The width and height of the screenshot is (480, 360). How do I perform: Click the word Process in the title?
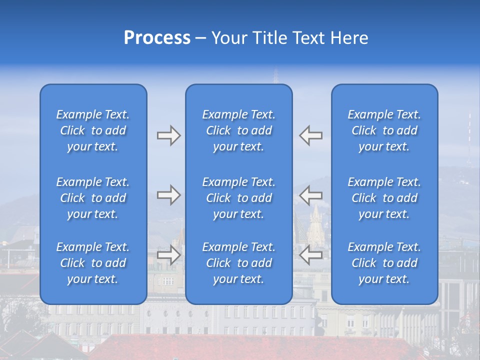[157, 38]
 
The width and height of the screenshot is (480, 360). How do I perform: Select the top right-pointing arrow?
[168, 135]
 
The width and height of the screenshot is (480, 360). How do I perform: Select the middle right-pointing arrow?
[168, 195]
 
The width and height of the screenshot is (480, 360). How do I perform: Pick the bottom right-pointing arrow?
[168, 255]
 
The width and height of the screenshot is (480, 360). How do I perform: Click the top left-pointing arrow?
[310, 135]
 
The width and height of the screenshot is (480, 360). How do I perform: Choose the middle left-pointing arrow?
[310, 195]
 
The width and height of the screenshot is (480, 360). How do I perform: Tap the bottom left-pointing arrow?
[310, 255]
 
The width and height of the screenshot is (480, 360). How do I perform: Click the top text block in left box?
[93, 130]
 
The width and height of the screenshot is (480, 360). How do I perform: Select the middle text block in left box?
[93, 198]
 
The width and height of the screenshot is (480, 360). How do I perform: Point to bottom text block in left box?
[93, 263]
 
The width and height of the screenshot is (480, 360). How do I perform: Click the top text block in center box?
[238, 130]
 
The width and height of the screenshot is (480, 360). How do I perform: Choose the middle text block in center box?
[238, 198]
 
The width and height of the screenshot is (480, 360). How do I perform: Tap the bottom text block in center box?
[238, 263]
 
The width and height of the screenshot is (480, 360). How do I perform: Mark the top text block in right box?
[384, 130]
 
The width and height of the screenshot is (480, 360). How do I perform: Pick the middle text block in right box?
[384, 198]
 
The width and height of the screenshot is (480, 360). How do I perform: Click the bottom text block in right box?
[384, 263]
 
